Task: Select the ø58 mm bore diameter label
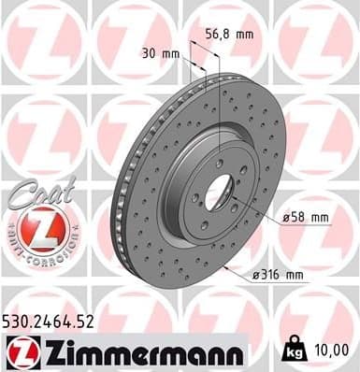[307, 217]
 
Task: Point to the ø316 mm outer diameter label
[277, 274]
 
